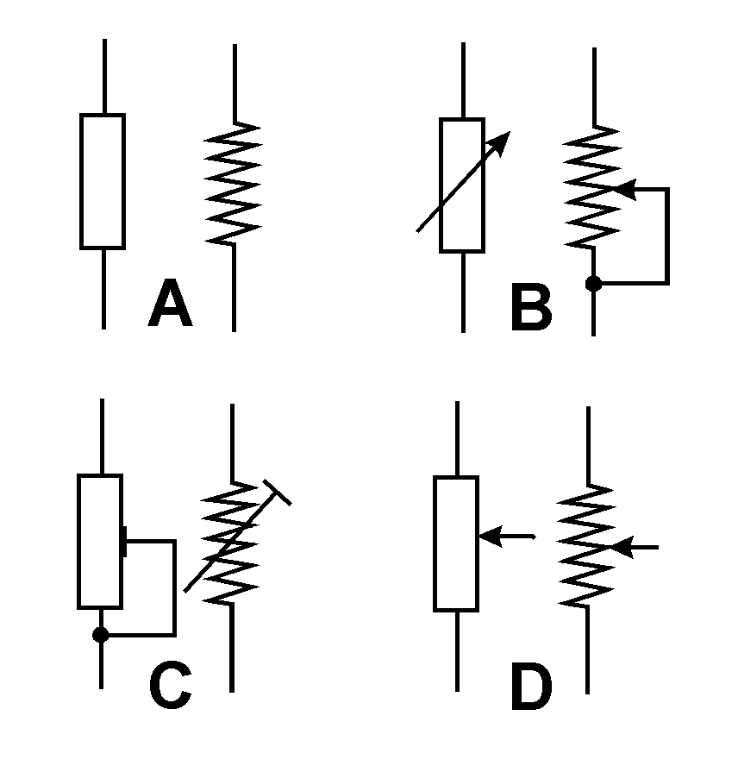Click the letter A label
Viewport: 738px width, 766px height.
point(170,306)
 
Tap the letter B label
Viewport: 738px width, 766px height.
point(530,308)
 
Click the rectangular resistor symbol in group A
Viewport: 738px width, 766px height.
point(103,181)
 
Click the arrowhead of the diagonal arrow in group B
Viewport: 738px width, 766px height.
point(502,141)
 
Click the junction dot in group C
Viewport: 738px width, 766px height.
point(101,635)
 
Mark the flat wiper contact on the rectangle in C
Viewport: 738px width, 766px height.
point(125,542)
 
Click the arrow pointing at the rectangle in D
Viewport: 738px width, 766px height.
point(496,537)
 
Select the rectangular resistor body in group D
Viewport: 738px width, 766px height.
point(456,543)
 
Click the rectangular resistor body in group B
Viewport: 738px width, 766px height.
point(461,185)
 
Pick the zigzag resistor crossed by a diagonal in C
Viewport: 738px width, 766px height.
point(231,543)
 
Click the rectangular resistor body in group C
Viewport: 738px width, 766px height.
point(101,541)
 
